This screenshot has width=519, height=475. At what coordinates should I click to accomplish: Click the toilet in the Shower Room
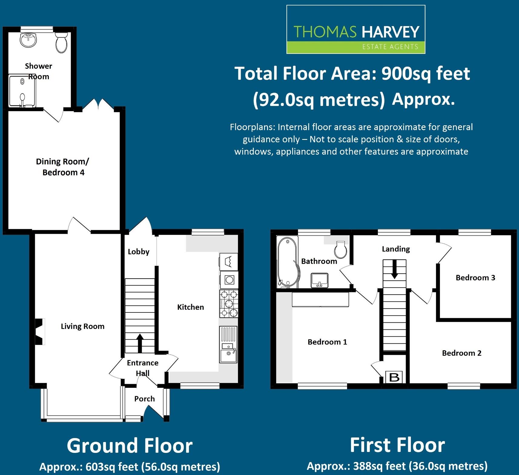coord(61,43)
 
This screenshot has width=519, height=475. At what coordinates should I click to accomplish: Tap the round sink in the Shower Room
coord(28,40)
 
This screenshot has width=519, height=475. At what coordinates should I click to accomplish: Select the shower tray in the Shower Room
coord(22,91)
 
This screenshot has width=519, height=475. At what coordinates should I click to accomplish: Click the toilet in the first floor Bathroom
coord(341,249)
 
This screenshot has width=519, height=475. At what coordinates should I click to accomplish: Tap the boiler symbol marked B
coord(394,377)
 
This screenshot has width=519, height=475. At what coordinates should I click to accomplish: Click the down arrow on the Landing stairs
coord(394,269)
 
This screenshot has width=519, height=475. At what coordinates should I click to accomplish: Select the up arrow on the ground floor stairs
coord(140,343)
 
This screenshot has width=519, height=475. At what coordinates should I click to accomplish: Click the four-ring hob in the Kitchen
coord(229,303)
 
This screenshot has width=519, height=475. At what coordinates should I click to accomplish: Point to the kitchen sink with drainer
coord(228,345)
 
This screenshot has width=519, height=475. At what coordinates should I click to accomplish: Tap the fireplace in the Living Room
coord(40,332)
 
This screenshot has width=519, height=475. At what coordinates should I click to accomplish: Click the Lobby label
coord(139,252)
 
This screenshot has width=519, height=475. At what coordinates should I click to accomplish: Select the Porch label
coord(144,399)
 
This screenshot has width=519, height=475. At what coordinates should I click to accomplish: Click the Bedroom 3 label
coord(475,278)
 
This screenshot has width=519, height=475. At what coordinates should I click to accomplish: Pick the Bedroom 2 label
coord(461,353)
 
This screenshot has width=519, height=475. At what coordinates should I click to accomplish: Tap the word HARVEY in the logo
coord(391,32)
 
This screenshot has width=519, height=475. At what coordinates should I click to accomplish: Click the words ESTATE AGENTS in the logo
coord(390,47)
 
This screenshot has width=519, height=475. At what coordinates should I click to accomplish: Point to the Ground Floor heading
coord(130,446)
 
